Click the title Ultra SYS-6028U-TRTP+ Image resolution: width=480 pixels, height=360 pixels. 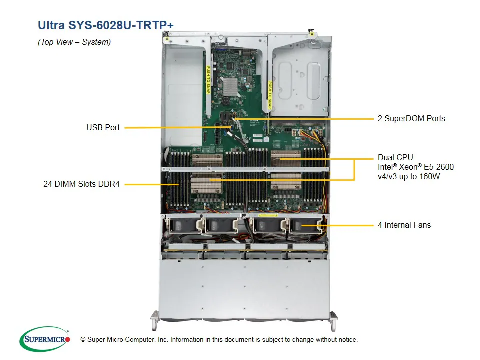(x=106, y=25)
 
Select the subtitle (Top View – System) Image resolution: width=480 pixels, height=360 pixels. (x=74, y=42)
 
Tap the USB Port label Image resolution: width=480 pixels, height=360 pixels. (x=103, y=128)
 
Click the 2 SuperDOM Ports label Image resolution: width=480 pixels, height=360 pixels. (x=411, y=119)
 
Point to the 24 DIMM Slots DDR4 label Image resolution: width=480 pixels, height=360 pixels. (x=81, y=184)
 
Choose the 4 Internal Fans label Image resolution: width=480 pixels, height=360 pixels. (x=404, y=225)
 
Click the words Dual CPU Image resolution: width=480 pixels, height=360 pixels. (x=395, y=157)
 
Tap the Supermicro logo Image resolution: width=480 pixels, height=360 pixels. (x=45, y=339)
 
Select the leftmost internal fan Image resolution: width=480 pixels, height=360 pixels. (x=183, y=226)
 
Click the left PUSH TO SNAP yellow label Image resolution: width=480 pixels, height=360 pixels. (x=208, y=80)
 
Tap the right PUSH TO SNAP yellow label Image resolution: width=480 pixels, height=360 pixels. (x=270, y=95)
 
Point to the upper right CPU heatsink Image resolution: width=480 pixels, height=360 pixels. (x=286, y=160)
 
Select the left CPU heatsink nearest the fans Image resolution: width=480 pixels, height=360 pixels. (x=207, y=185)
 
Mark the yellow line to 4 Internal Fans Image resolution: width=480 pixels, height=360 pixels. (x=345, y=225)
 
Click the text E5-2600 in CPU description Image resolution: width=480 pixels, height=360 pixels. (x=438, y=167)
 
